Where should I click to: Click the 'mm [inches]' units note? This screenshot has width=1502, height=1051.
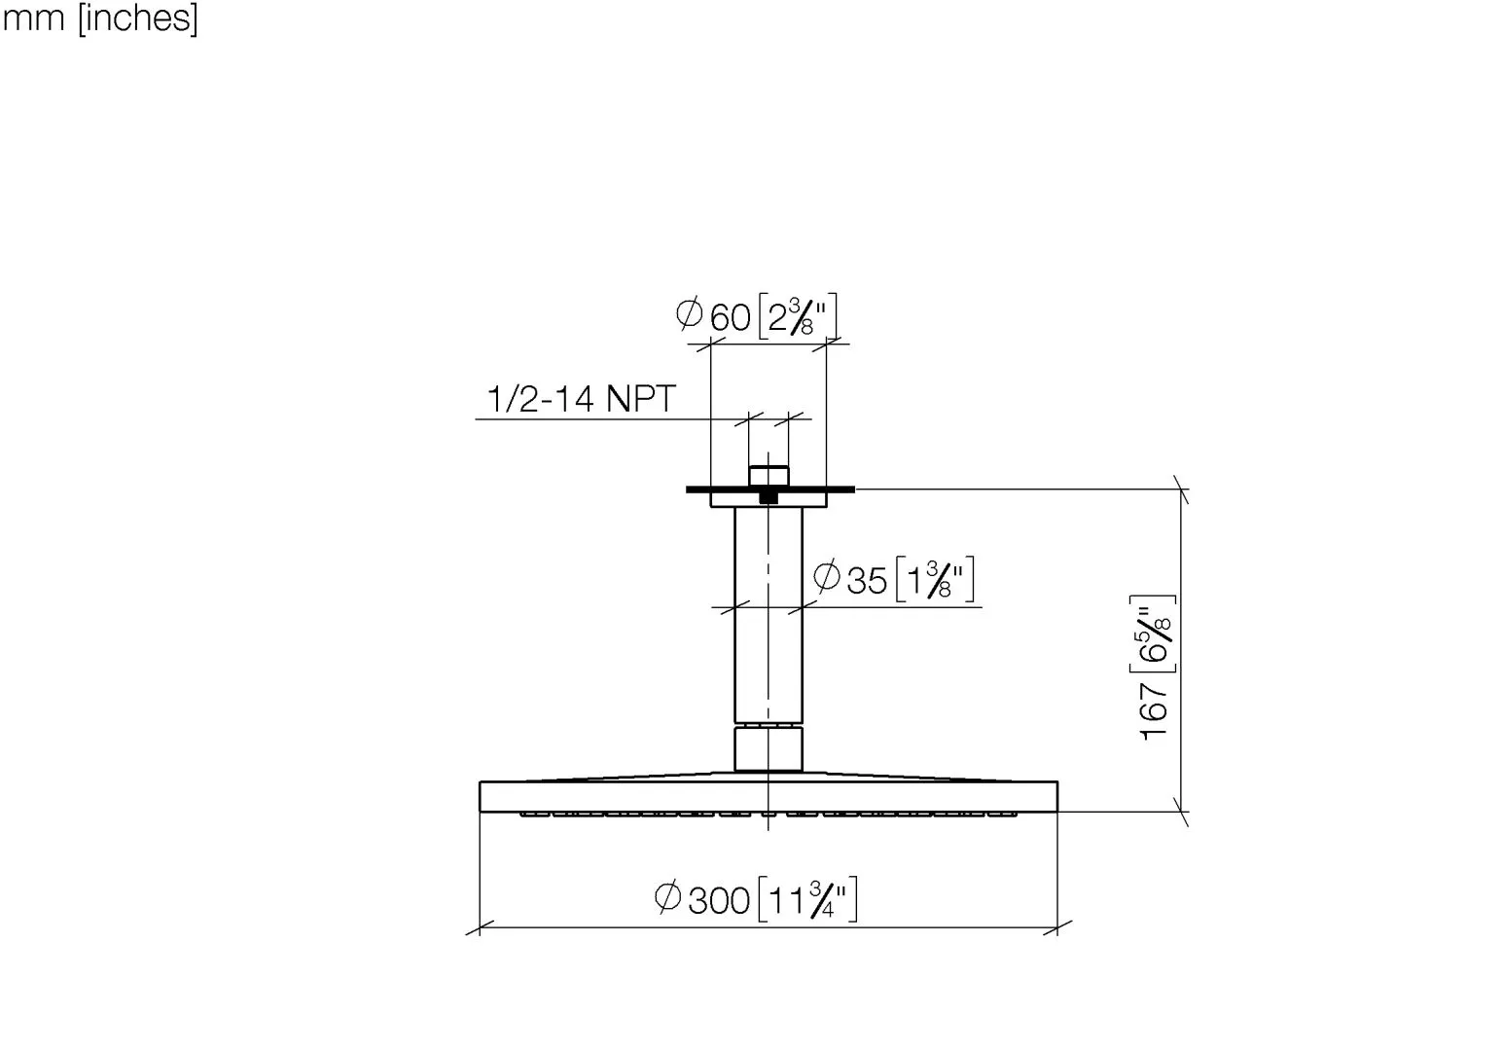tap(100, 18)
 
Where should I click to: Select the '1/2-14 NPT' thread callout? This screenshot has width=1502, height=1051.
tap(581, 398)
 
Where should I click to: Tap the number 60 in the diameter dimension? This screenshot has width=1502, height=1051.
tap(730, 317)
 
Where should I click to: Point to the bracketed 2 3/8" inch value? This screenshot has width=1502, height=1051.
tap(798, 316)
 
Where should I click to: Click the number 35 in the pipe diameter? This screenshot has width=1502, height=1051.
tap(867, 580)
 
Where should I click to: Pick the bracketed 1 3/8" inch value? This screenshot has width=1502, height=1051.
tap(935, 578)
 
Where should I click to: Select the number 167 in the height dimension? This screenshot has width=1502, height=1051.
tap(1154, 711)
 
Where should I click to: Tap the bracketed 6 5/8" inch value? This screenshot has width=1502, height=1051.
tap(1153, 634)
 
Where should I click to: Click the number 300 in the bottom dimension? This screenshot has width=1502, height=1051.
tap(719, 901)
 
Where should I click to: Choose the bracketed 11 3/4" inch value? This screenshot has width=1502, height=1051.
tap(807, 899)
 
